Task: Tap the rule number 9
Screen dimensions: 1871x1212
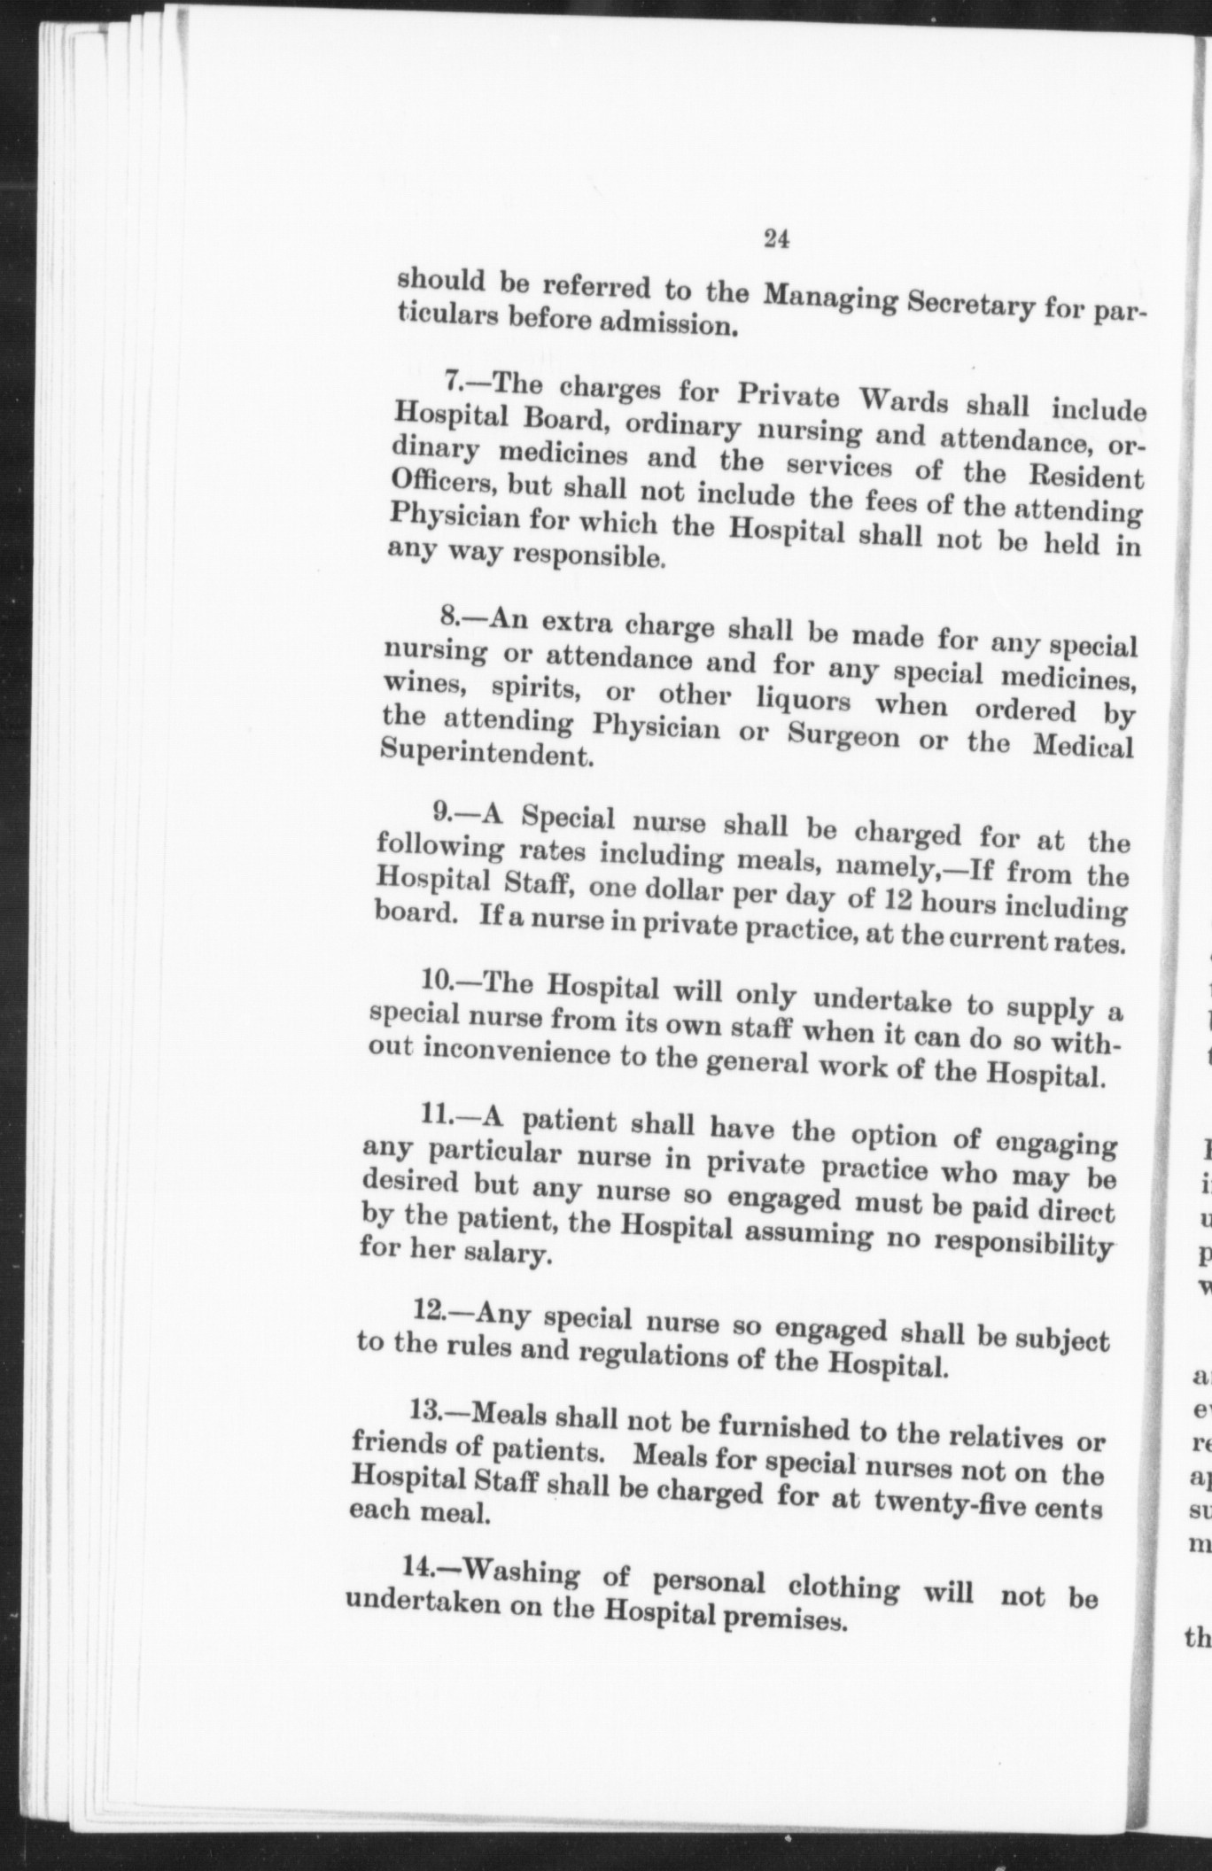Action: pos(442,811)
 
